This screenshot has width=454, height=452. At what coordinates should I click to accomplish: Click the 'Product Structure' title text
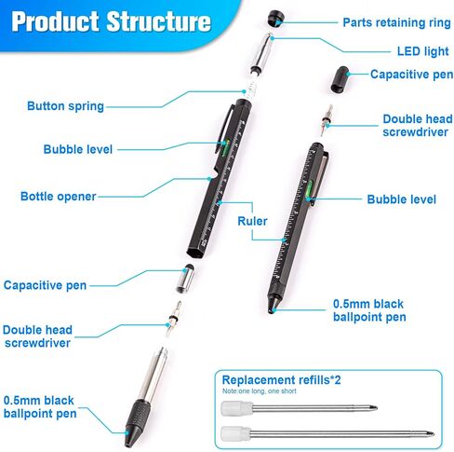pos(111,21)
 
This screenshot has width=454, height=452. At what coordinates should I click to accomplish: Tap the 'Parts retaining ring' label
pos(396,22)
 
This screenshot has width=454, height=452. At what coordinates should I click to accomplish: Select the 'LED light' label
pos(423,51)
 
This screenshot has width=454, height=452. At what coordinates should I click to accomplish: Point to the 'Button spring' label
pos(65,106)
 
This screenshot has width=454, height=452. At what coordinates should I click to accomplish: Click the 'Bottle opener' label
pos(59,197)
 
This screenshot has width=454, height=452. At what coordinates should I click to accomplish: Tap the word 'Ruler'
pos(252,221)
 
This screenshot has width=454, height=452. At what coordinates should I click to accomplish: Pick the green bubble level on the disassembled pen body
pos(226,146)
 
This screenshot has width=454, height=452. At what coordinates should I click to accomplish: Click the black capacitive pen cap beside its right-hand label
pos(340,79)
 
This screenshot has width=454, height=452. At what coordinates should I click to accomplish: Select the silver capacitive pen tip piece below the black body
pos(186,279)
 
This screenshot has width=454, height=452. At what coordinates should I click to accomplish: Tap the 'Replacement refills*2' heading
pos(281,380)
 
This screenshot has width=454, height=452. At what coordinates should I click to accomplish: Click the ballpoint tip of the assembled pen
pos(272,309)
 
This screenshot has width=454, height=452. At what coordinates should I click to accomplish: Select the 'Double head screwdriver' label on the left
pos(37,336)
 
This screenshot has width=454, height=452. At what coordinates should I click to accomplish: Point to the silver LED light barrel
pos(262,53)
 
